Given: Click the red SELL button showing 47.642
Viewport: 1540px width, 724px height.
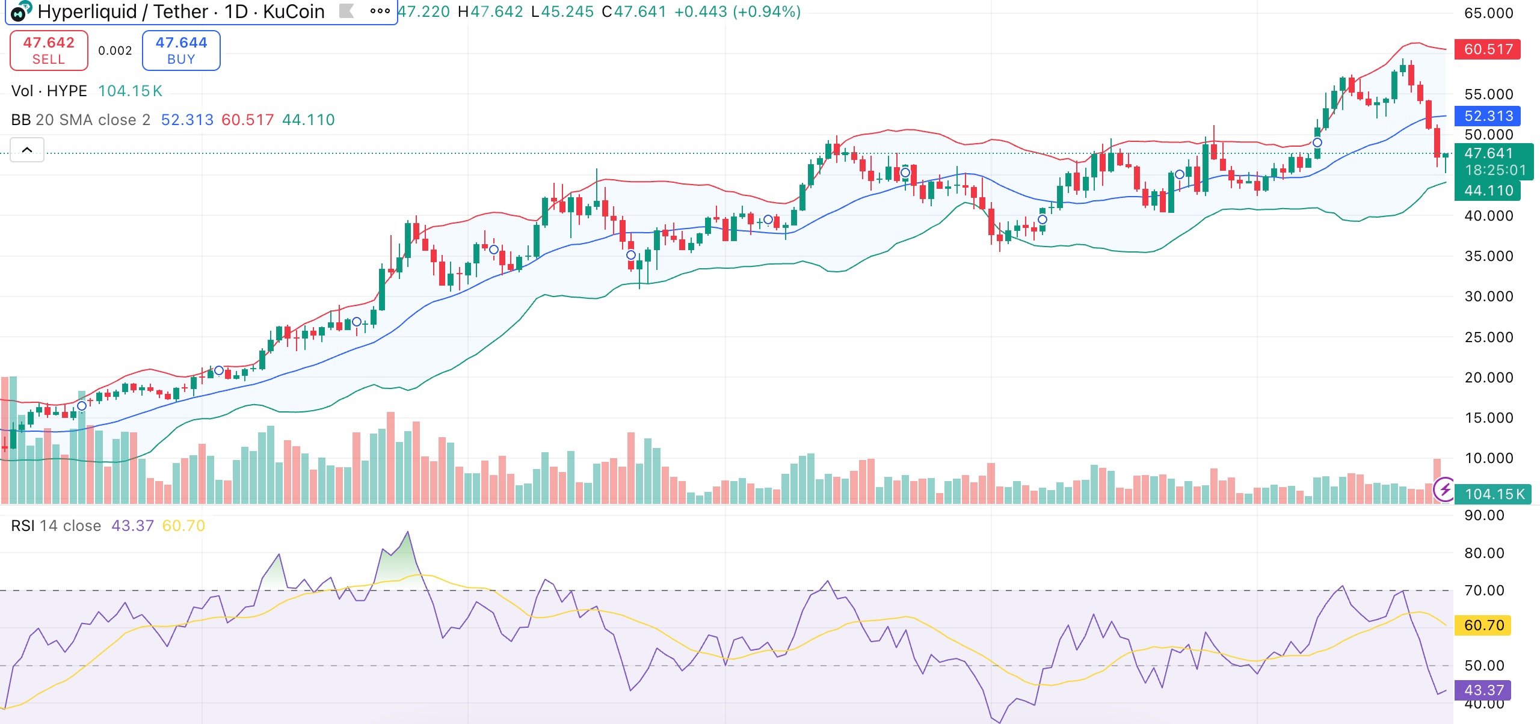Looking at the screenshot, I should pos(49,51).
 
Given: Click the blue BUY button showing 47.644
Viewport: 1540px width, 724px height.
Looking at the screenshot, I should pos(181,51).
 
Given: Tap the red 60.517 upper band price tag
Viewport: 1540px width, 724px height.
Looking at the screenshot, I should pos(1487,49).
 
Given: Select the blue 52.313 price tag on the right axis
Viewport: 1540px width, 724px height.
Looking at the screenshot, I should pos(1487,115).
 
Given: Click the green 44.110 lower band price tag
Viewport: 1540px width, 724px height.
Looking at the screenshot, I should pos(1487,191).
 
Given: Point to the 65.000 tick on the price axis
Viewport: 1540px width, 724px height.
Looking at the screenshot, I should pos(1488,13).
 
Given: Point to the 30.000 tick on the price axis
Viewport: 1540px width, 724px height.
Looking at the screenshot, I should pos(1488,296).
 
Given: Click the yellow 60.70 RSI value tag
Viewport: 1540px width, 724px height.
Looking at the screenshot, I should pos(1483,625).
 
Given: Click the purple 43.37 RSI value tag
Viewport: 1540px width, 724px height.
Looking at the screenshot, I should pos(1483,690).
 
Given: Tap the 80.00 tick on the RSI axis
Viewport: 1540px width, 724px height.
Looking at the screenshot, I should pos(1483,553).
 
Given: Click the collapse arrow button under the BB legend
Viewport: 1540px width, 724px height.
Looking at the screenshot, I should pos(27,150).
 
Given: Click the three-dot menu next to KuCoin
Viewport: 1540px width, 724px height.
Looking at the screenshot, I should pos(380,11).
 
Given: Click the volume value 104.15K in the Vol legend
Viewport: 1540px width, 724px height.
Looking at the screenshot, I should pos(130,91).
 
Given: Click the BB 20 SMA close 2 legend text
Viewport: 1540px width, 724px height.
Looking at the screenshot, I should pos(81,120).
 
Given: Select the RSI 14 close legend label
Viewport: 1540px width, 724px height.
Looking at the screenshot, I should pos(56,526).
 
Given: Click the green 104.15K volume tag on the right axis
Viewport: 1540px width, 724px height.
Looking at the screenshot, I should pos(1494,494).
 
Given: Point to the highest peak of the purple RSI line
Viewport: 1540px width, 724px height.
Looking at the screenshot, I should pos(408,532).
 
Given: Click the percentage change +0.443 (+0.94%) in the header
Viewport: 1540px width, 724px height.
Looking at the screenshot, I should pos(737,11).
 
